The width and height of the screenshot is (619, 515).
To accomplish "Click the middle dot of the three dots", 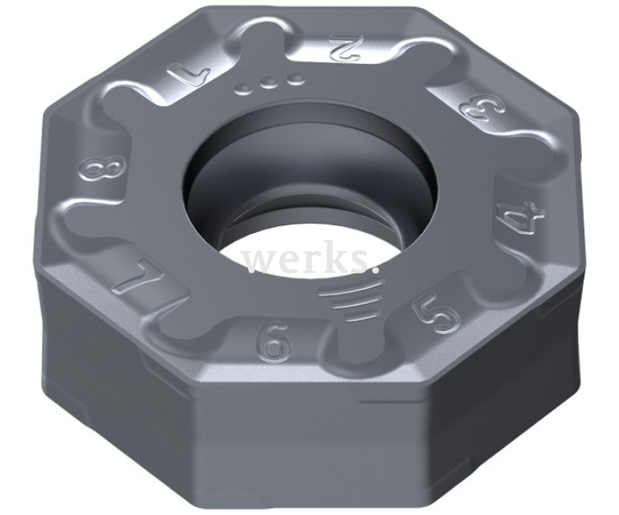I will (x=271, y=85).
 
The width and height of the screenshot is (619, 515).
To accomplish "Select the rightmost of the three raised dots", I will (x=295, y=82).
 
